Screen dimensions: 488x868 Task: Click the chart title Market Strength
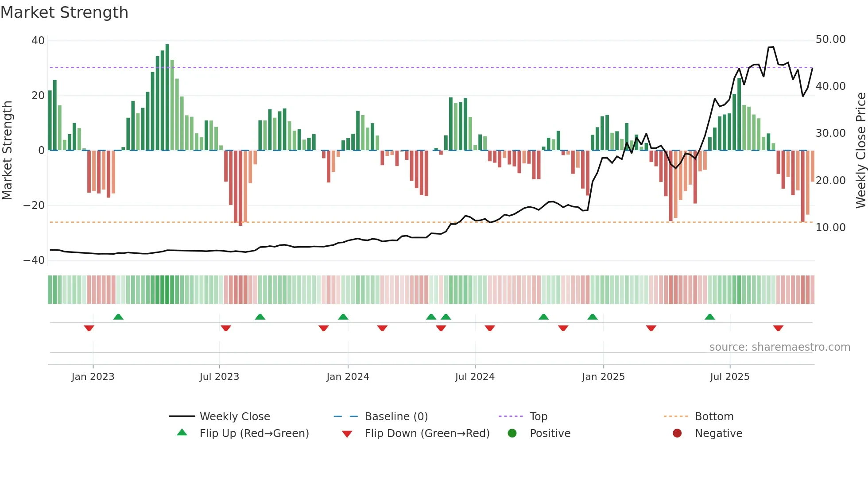pos(64,12)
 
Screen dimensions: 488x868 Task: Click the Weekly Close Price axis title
pos(860,150)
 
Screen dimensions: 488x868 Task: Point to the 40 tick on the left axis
pos(38,41)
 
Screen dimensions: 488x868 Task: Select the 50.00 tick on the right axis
pos(830,39)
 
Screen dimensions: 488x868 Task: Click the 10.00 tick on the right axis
pos(830,228)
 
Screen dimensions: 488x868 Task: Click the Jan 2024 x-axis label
pos(348,377)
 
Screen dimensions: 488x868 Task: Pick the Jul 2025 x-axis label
pos(729,377)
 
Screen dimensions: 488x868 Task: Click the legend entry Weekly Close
pos(234,417)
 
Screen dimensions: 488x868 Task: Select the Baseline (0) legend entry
pos(396,417)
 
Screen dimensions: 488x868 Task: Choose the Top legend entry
pos(538,417)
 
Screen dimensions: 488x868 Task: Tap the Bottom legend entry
pos(714,417)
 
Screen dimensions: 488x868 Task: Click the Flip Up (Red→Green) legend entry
pos(254,434)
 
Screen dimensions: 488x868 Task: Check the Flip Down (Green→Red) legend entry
pos(427,434)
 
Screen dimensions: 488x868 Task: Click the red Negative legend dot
pos(677,434)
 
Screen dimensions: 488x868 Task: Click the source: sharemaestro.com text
pos(779,347)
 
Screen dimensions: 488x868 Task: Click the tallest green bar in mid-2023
pos(167,97)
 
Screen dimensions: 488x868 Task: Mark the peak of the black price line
pos(771,47)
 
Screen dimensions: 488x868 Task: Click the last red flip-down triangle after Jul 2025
pos(778,328)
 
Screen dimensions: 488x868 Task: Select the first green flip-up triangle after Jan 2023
pos(118,317)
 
